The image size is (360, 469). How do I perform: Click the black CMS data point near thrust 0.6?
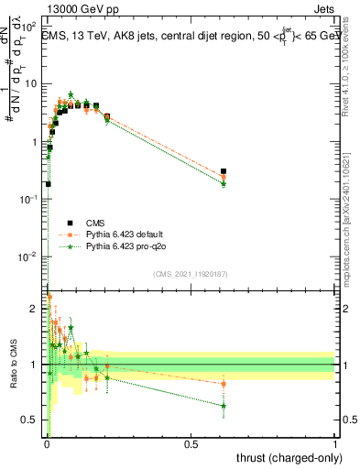(224, 171)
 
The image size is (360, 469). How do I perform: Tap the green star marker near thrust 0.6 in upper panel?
(224, 184)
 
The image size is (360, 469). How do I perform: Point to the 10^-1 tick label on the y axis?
(28, 199)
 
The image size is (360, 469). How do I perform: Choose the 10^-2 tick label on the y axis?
(28, 256)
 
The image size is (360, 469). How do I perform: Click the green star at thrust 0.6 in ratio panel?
(224, 405)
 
